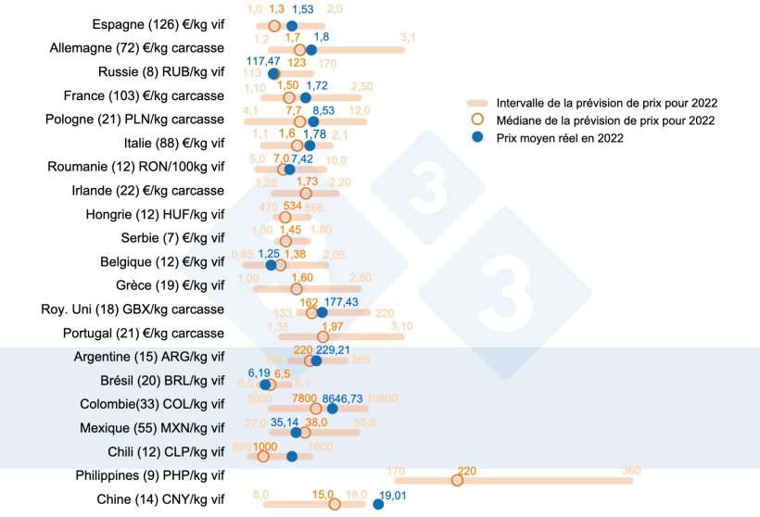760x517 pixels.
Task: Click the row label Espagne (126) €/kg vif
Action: [x=158, y=24]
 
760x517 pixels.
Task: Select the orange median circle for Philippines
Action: [x=457, y=480]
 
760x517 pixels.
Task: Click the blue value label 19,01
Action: [x=390, y=495]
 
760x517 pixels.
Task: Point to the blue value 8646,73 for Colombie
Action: [x=342, y=397]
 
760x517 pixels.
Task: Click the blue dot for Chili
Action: [x=292, y=456]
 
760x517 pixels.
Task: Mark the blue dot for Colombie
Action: [x=332, y=409]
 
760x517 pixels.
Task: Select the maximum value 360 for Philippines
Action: [x=632, y=471]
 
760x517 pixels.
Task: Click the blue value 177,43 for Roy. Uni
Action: [x=341, y=302]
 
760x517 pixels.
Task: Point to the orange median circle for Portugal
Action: [x=323, y=336]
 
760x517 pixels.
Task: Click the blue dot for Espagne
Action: [x=292, y=26]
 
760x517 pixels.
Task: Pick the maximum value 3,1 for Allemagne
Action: [x=408, y=38]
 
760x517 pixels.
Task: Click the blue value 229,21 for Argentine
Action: [x=334, y=350]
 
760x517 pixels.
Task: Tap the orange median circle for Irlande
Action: [x=306, y=193]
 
